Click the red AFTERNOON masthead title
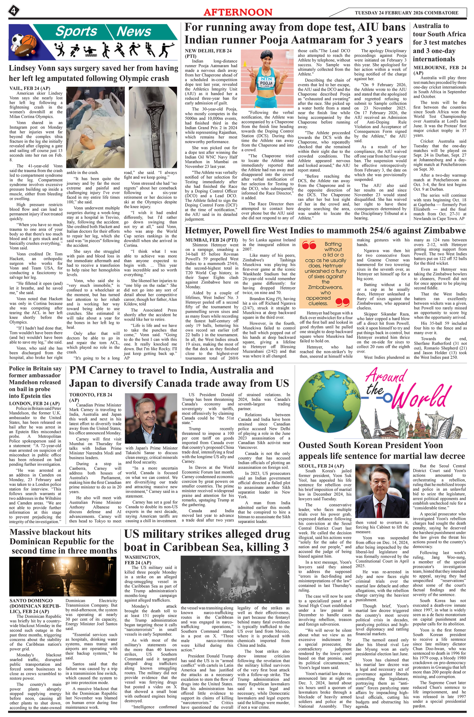tap(238, 12)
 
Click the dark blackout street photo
tap(63, 576)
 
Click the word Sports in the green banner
tap(76, 31)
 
